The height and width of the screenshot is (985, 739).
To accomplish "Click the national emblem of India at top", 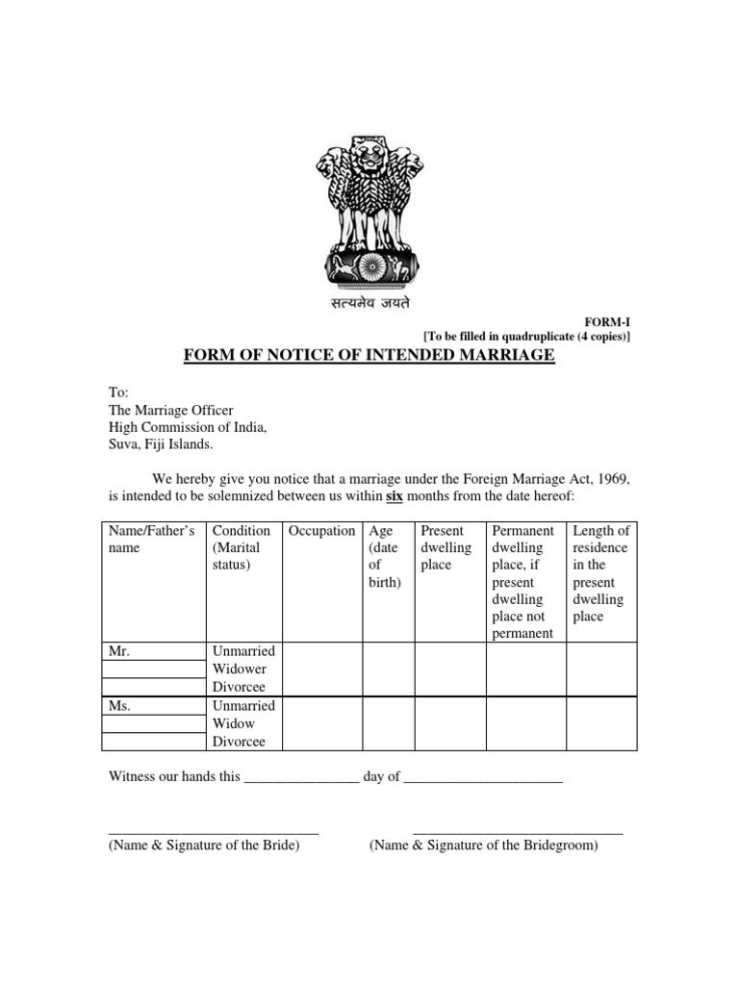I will pos(369,211).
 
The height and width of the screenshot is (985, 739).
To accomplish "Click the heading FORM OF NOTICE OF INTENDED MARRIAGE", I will pos(369,356).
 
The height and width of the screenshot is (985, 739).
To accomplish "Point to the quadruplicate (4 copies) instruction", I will pos(527,336).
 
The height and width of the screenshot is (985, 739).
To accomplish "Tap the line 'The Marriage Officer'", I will pos(170,410).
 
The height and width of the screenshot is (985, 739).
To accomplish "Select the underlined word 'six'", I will pos(395,497).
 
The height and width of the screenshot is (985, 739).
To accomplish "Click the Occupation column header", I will pos(322,531).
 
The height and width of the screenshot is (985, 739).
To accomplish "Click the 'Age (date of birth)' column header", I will pos(385,557).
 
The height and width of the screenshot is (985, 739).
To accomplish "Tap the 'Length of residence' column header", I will pos(600,573).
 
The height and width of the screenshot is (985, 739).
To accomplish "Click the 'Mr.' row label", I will pos(119,651).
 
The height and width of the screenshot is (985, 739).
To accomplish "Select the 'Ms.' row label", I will pos(119,705).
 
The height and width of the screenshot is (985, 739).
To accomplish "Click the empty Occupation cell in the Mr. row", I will pos(322,669).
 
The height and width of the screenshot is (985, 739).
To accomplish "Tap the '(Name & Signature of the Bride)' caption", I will pos(204,846).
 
